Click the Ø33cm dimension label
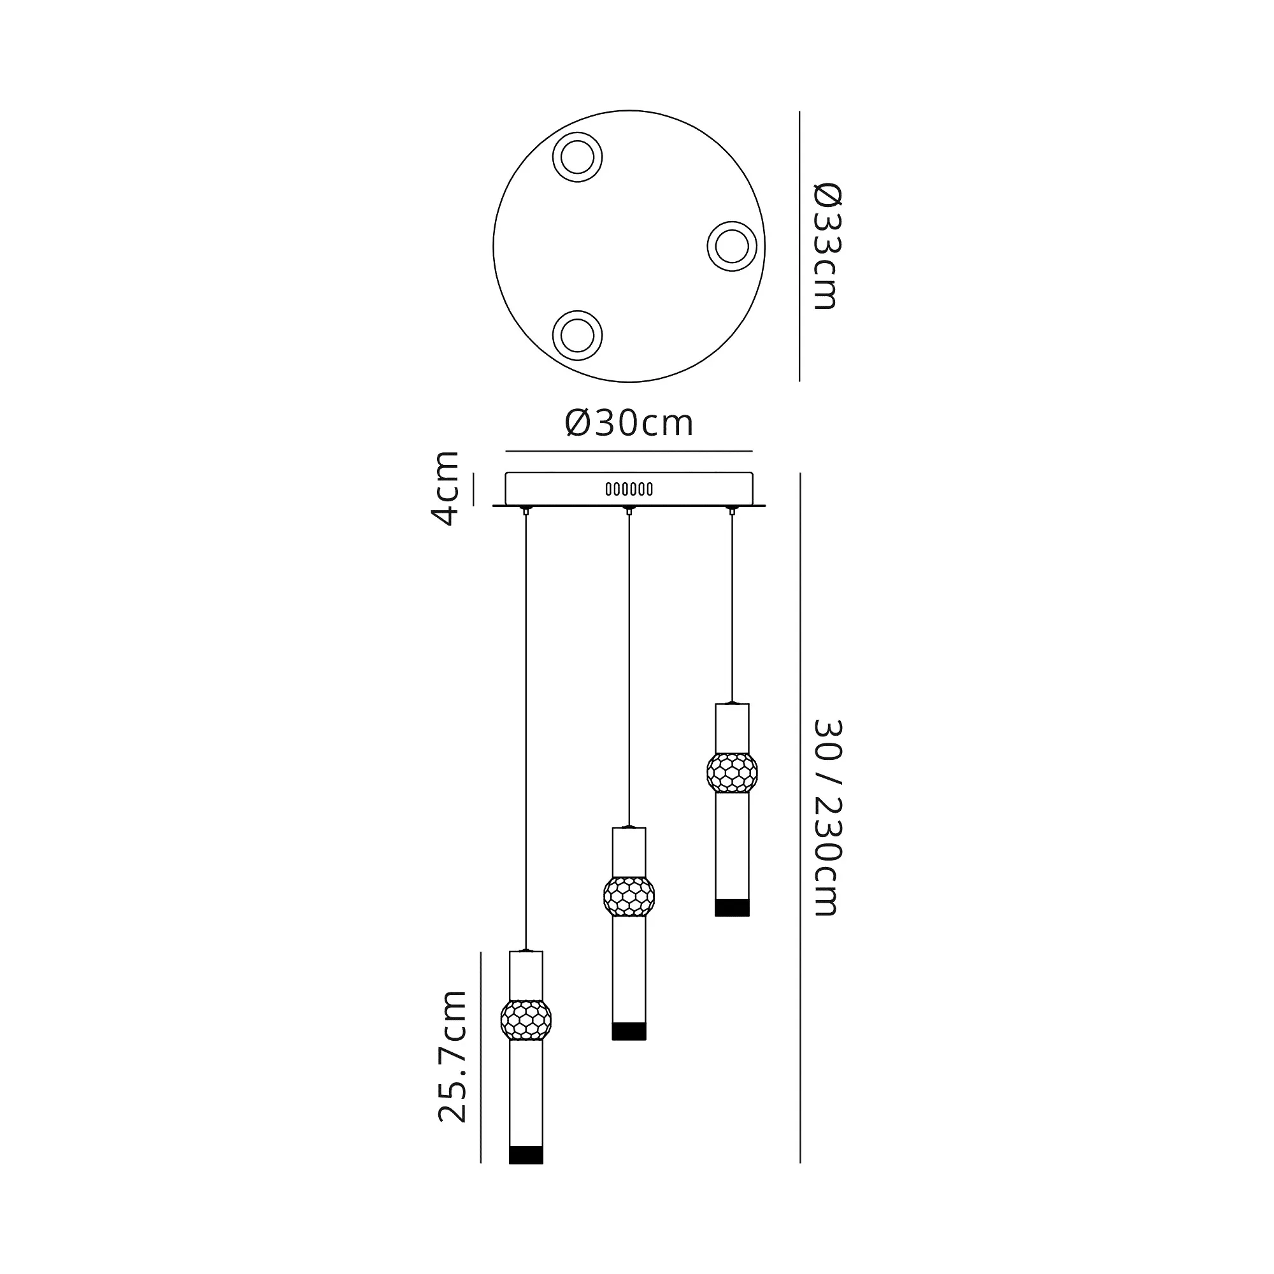click(827, 246)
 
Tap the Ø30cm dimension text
click(629, 423)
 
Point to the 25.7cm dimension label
click(452, 1065)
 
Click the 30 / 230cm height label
click(827, 817)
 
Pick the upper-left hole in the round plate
click(577, 157)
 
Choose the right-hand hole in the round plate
click(732, 247)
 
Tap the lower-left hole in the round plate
click(577, 336)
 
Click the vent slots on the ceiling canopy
click(629, 489)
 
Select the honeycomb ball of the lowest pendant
click(526, 1020)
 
